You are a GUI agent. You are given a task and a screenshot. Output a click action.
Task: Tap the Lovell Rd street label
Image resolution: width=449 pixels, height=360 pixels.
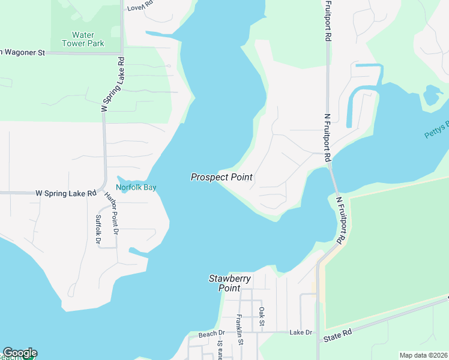point(140,7)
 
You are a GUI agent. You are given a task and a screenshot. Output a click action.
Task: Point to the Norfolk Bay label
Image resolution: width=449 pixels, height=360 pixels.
point(136,187)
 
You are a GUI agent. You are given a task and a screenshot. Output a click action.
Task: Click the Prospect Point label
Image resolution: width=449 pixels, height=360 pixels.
point(221,177)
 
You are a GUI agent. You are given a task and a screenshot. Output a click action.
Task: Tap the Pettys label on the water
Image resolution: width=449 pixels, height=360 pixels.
point(437,130)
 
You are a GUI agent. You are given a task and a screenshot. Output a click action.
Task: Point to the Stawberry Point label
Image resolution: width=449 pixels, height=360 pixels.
point(230,283)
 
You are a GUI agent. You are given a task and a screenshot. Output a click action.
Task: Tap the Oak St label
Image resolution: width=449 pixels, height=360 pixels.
point(262,317)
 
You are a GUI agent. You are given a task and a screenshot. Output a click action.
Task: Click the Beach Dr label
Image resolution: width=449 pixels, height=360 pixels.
point(211,334)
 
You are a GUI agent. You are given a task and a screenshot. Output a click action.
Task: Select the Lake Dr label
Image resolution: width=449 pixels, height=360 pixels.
point(301,332)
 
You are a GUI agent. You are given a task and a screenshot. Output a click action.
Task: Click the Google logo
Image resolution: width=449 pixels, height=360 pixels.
point(20,353)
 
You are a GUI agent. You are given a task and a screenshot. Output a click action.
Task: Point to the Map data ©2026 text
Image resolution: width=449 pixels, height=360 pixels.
point(423,355)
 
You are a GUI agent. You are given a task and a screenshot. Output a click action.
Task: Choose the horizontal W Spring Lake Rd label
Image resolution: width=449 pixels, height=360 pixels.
point(66,193)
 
